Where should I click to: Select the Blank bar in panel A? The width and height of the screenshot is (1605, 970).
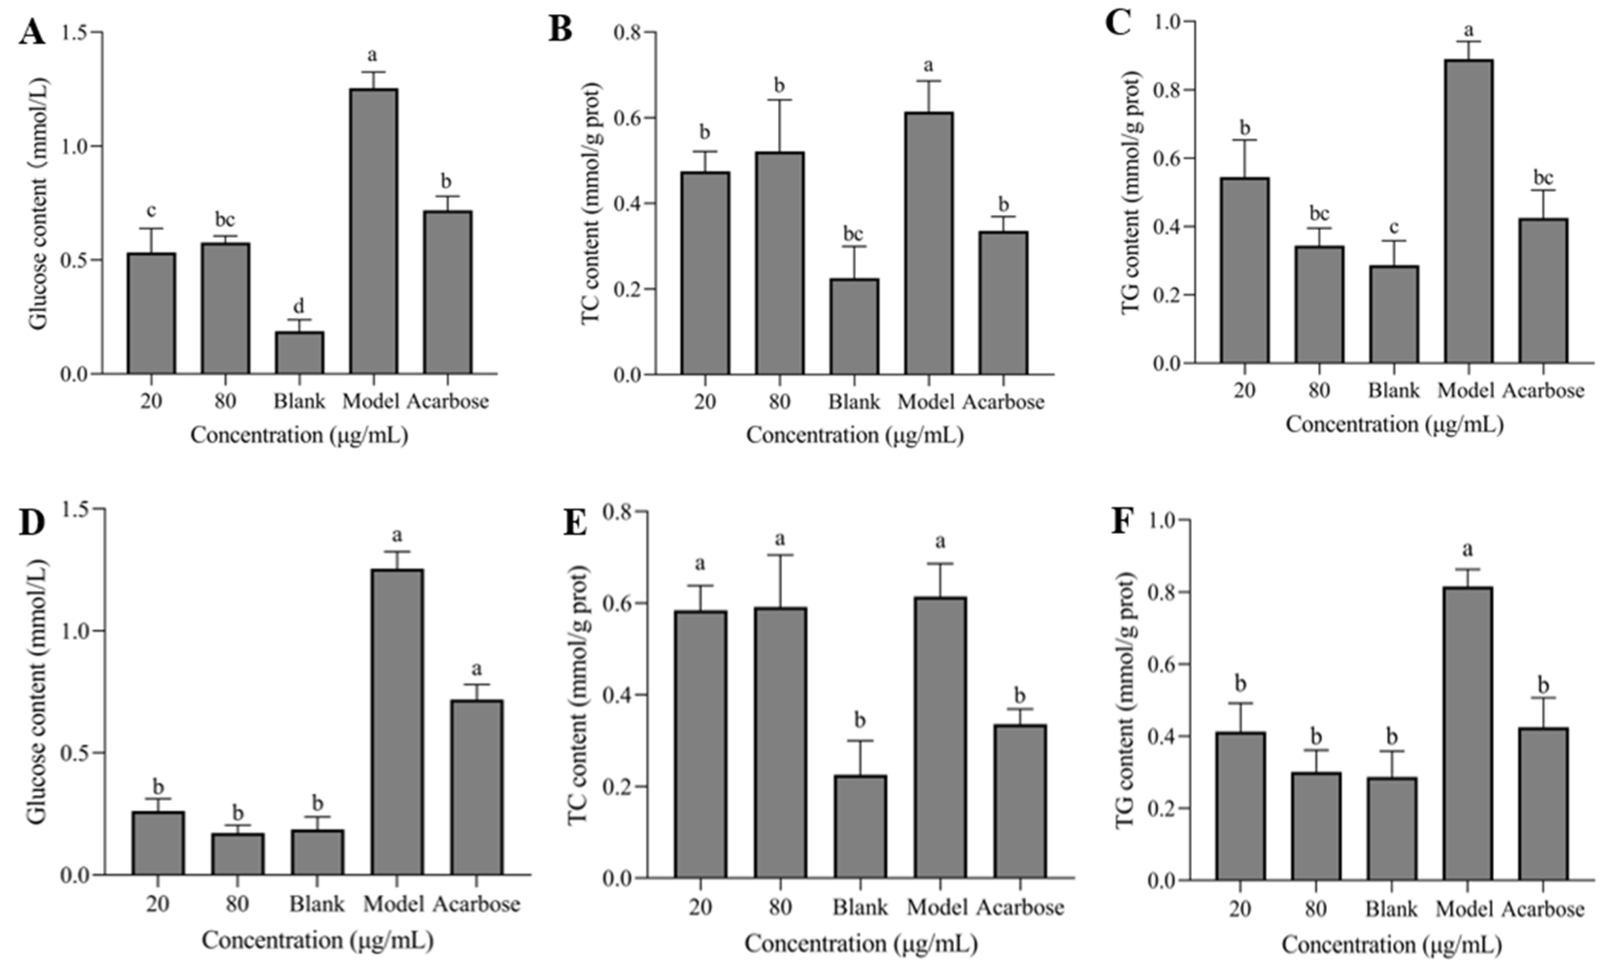click(x=299, y=352)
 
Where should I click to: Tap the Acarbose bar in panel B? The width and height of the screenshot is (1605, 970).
click(x=1003, y=303)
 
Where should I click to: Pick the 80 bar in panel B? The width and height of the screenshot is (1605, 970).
click(x=780, y=263)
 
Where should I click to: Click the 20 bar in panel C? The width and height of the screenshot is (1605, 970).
click(x=1245, y=270)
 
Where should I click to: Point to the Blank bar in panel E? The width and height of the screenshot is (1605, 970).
click(x=860, y=827)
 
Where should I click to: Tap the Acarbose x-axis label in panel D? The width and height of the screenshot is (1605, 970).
click(x=476, y=904)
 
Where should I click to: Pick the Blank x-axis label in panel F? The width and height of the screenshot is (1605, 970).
click(x=1391, y=909)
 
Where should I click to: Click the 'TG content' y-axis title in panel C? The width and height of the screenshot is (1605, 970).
click(x=1132, y=194)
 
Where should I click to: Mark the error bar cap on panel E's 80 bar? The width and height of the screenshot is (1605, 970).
click(x=780, y=555)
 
